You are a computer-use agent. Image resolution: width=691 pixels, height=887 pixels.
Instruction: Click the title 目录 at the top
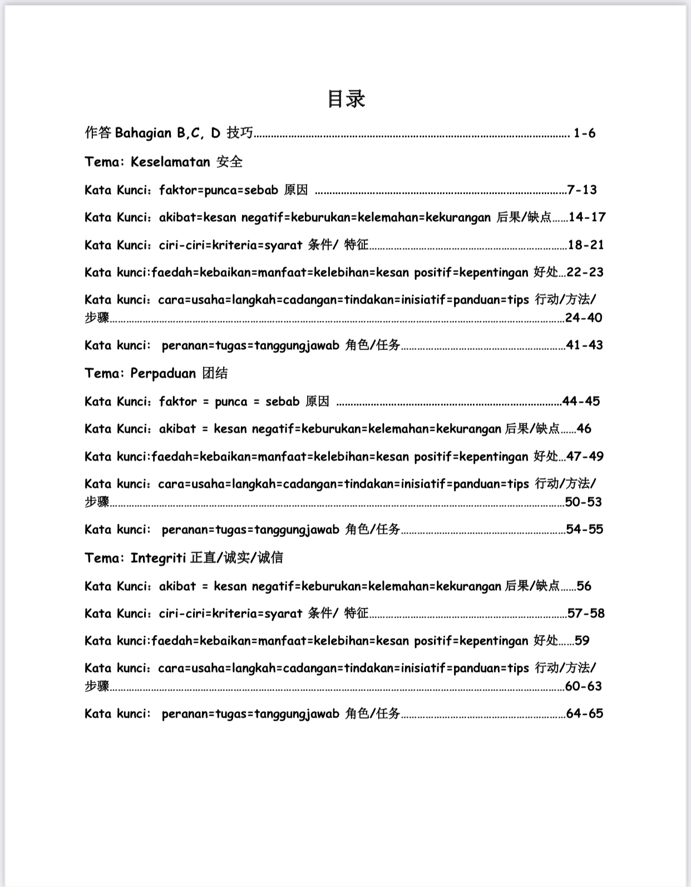[x=346, y=99]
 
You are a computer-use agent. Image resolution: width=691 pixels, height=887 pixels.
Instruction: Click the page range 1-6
[x=584, y=133]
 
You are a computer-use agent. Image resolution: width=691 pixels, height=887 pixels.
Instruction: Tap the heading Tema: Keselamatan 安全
[x=164, y=162]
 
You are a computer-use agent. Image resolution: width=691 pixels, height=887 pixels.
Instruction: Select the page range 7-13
[x=582, y=190]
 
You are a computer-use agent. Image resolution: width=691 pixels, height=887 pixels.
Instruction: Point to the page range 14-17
[x=587, y=217]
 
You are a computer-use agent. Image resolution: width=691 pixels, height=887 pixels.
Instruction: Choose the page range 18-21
[x=586, y=245]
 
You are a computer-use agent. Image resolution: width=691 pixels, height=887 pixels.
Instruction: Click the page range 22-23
[x=585, y=272]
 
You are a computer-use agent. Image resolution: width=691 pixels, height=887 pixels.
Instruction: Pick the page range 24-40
[x=584, y=318]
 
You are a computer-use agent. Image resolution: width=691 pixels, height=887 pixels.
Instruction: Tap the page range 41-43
[x=585, y=345]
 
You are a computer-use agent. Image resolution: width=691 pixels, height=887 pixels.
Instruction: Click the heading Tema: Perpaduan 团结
[x=156, y=373]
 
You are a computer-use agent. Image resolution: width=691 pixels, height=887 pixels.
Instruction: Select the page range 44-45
[x=581, y=401]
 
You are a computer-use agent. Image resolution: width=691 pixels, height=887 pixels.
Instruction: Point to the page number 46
[x=584, y=429]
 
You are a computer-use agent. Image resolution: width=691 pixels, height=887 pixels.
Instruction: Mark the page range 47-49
[x=585, y=456]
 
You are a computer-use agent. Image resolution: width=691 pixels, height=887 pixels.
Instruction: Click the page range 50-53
[x=584, y=502]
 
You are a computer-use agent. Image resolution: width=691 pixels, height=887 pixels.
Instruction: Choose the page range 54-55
[x=585, y=529]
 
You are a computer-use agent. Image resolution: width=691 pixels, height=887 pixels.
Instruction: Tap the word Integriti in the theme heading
[x=158, y=558]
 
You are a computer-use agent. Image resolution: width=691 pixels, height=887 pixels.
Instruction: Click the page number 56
[x=584, y=586]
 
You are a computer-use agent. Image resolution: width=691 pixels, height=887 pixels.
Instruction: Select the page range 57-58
[x=586, y=613]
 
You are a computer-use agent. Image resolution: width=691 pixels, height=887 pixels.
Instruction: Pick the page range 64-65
[x=585, y=713]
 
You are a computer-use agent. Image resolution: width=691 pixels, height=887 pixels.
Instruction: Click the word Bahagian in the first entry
[x=143, y=133]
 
